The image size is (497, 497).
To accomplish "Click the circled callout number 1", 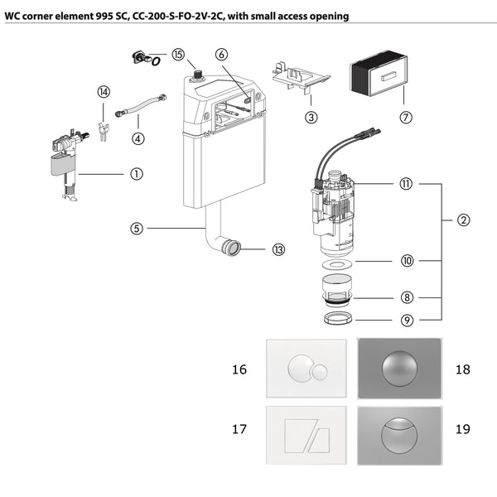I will click(x=137, y=174).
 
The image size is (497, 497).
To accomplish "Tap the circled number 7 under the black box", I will click(x=406, y=117).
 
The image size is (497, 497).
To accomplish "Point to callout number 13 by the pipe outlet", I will click(x=278, y=249).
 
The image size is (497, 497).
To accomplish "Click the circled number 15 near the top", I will click(x=178, y=54).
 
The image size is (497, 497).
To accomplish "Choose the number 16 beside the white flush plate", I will click(x=239, y=369).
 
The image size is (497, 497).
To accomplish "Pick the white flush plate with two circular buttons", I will click(x=306, y=369).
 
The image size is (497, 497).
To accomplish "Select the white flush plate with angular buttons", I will click(x=306, y=429).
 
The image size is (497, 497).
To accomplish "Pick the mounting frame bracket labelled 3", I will click(x=299, y=80).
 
